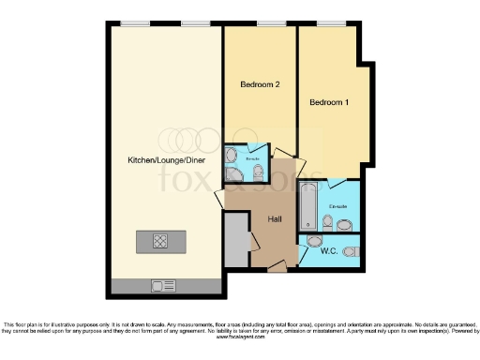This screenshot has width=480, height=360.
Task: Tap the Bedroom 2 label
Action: (260, 84)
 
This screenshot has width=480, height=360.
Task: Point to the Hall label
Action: (275, 218)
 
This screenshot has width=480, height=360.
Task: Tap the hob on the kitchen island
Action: (160, 241)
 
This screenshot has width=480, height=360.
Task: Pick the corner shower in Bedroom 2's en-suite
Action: (232, 156)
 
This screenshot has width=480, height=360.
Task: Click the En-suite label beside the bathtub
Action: (337, 204)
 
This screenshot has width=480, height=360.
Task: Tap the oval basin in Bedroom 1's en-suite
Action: (345, 224)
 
